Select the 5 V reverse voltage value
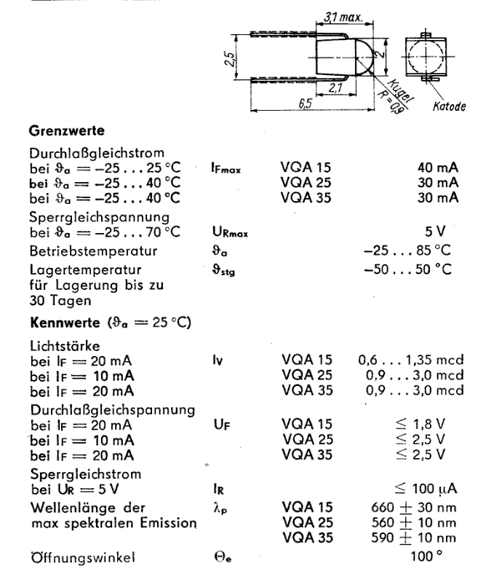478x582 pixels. [437, 232]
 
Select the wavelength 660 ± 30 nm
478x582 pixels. [410, 507]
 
